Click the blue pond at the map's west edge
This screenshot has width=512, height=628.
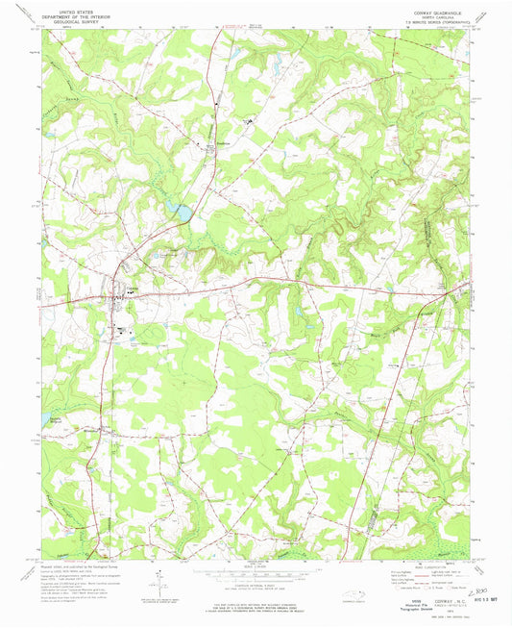point(45,417)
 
